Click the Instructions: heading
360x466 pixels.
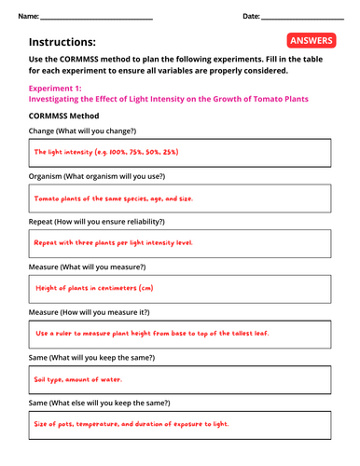(62, 42)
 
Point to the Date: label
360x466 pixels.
(251, 17)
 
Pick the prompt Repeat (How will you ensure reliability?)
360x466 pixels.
(97, 222)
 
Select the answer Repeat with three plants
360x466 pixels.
(113, 241)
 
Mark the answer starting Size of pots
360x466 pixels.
(131, 424)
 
